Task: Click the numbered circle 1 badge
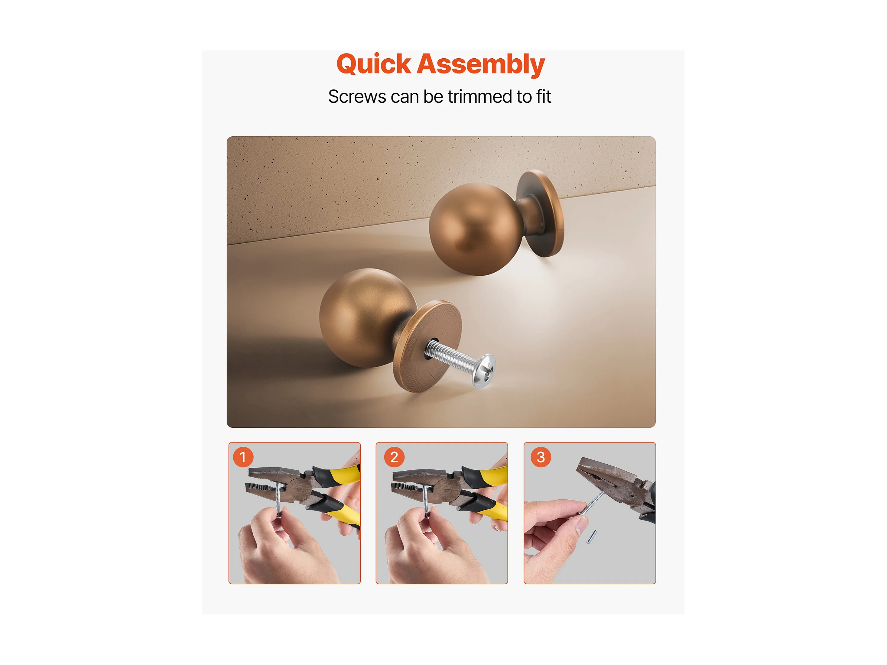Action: (243, 457)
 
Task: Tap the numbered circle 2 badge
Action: (394, 457)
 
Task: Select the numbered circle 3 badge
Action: (541, 457)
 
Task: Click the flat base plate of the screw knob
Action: (427, 346)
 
